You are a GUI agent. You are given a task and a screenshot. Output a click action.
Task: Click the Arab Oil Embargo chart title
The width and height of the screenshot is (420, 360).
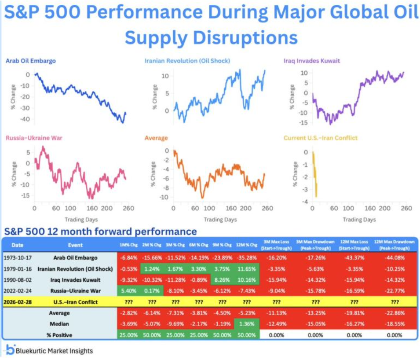point(30,60)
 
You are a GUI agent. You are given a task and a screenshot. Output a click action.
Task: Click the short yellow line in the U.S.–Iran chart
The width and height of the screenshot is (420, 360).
point(314,174)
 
